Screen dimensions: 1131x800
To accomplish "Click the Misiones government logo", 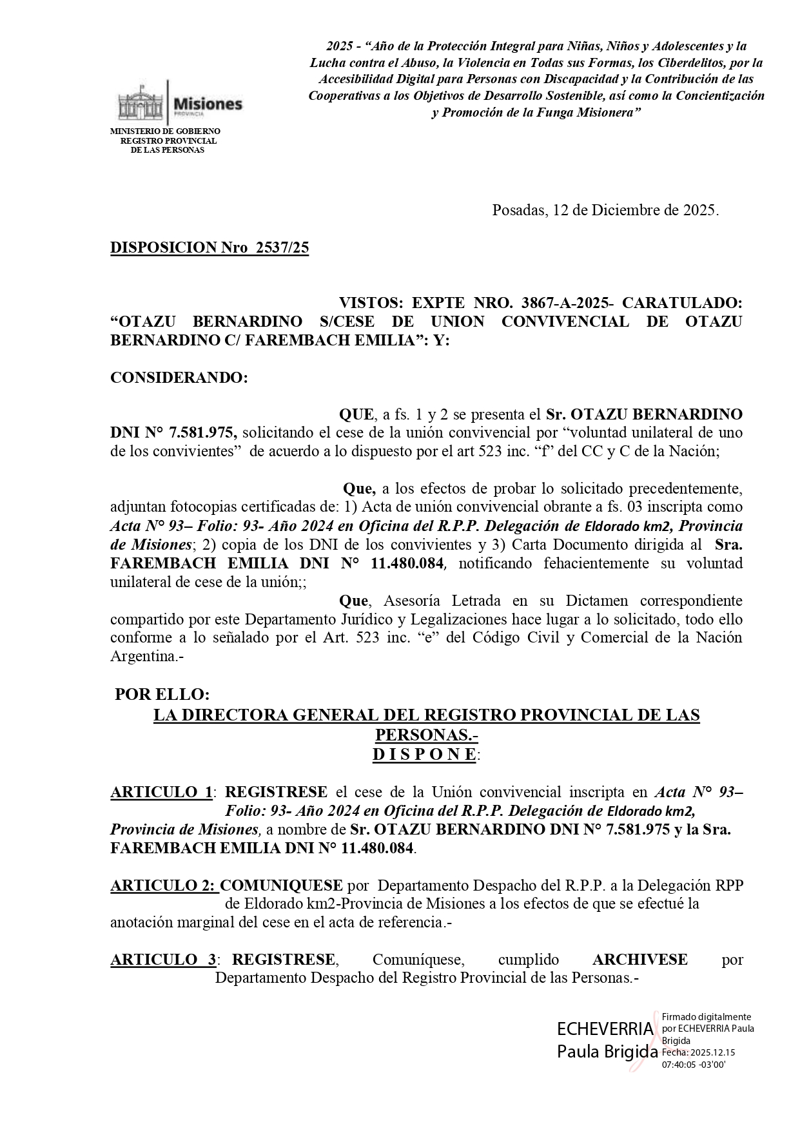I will point(179,103).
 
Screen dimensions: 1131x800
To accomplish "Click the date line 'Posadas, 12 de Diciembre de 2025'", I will point(605,210).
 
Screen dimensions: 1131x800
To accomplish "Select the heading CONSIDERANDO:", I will point(179,378).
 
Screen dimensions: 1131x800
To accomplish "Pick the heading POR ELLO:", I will point(162,695).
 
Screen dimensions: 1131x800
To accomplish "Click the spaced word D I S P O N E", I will point(425,755).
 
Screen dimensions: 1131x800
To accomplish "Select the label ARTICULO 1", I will point(161,792).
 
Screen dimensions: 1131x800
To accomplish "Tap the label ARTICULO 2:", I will point(164,885).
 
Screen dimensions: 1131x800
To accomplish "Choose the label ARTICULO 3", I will point(163,960).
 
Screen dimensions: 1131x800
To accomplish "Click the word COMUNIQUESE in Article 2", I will point(281,885).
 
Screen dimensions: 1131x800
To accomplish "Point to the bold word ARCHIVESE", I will point(639,960).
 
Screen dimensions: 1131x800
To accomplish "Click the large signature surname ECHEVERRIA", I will point(605,1029).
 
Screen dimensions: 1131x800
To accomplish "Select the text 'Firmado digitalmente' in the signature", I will point(706,1017).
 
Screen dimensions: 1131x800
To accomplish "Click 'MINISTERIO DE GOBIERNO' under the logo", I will point(165,131).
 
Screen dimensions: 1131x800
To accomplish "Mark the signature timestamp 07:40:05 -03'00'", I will point(694,1065).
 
